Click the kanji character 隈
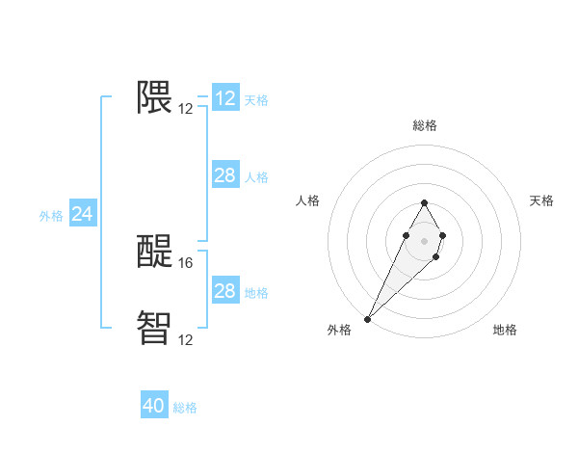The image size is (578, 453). coord(154,97)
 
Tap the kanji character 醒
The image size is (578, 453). coord(154,252)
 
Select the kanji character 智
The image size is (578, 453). coord(154,328)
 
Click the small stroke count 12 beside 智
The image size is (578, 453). coord(186,339)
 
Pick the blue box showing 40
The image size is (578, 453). coord(154,406)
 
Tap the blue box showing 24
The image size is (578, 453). coord(83,214)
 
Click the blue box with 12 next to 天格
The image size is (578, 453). coord(225,98)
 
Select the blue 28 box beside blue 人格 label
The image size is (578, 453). coord(224,175)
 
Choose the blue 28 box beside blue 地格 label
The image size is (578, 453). coord(224,291)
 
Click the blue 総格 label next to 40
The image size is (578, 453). coord(185,408)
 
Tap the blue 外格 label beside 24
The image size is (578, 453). coord(51,216)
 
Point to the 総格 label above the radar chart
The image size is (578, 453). coord(424,125)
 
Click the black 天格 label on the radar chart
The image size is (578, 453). coord(541,200)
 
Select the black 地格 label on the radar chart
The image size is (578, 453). coord(505,330)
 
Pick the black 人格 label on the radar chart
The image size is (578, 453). coord(307,200)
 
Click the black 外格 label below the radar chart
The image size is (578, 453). coord(339,330)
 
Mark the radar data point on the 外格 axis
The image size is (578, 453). coord(368,317)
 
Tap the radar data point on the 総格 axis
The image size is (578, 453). coord(424,202)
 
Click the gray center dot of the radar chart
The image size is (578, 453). coord(424,239)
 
